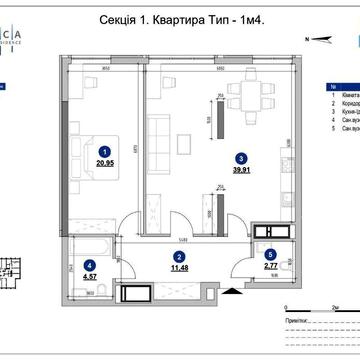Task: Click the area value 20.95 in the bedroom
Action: pos(104,161)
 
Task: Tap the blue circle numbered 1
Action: pos(104,149)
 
